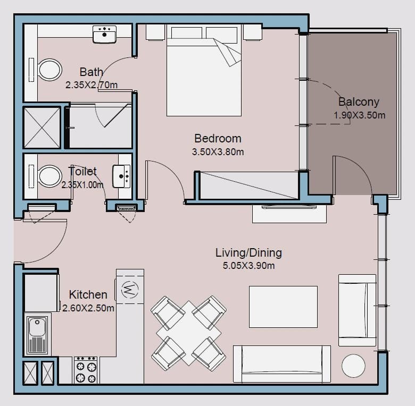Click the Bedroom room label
(218, 139)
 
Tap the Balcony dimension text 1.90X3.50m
(359, 115)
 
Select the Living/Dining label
(248, 253)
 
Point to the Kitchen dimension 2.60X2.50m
(88, 308)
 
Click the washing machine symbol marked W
(130, 289)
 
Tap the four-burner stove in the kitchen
(86, 370)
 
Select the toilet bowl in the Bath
(50, 70)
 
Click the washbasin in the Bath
(104, 34)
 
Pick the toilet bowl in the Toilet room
(50, 176)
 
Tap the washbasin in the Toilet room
(121, 176)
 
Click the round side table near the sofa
(353, 366)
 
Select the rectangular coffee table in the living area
(283, 307)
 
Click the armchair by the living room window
(358, 310)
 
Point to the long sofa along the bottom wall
(282, 363)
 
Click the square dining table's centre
(189, 333)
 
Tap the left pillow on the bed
(187, 33)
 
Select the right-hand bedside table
(253, 32)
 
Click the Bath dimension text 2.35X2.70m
(92, 85)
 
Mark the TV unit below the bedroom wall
(289, 214)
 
